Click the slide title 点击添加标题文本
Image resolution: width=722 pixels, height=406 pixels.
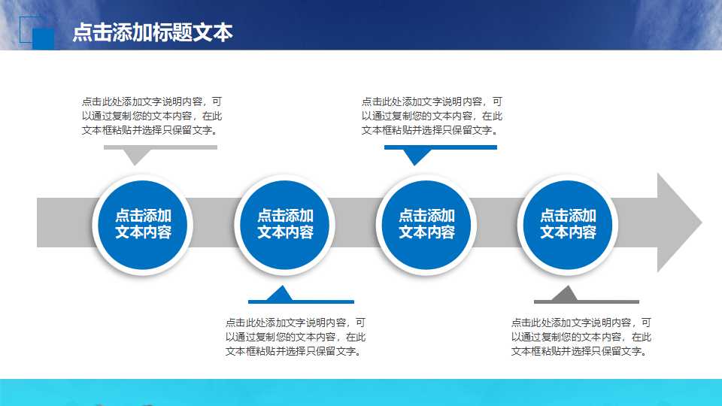(x=153, y=32)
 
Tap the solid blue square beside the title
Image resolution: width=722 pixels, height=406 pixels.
(x=44, y=39)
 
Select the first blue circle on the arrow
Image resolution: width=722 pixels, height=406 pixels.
(x=143, y=223)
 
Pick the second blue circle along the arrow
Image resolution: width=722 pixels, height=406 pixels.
(x=284, y=223)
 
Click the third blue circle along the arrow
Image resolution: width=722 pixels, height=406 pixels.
(x=426, y=223)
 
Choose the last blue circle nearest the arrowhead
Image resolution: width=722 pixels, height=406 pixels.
(x=568, y=223)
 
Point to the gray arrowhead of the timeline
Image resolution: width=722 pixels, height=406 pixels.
(x=677, y=223)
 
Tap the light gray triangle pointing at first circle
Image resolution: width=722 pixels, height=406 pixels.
(x=135, y=156)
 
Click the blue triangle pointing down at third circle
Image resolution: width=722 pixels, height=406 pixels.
(x=415, y=156)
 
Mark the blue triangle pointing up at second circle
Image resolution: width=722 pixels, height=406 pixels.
(x=280, y=292)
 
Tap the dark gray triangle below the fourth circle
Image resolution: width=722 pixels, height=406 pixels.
(x=566, y=292)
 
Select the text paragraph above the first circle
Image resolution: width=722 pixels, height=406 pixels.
(x=152, y=115)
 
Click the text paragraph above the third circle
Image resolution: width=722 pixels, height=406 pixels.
(x=432, y=115)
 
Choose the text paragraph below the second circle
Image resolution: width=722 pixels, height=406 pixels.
(x=296, y=336)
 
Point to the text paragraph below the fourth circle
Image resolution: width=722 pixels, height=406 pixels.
(x=581, y=336)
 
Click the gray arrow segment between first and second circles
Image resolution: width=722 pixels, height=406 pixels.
(x=214, y=223)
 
